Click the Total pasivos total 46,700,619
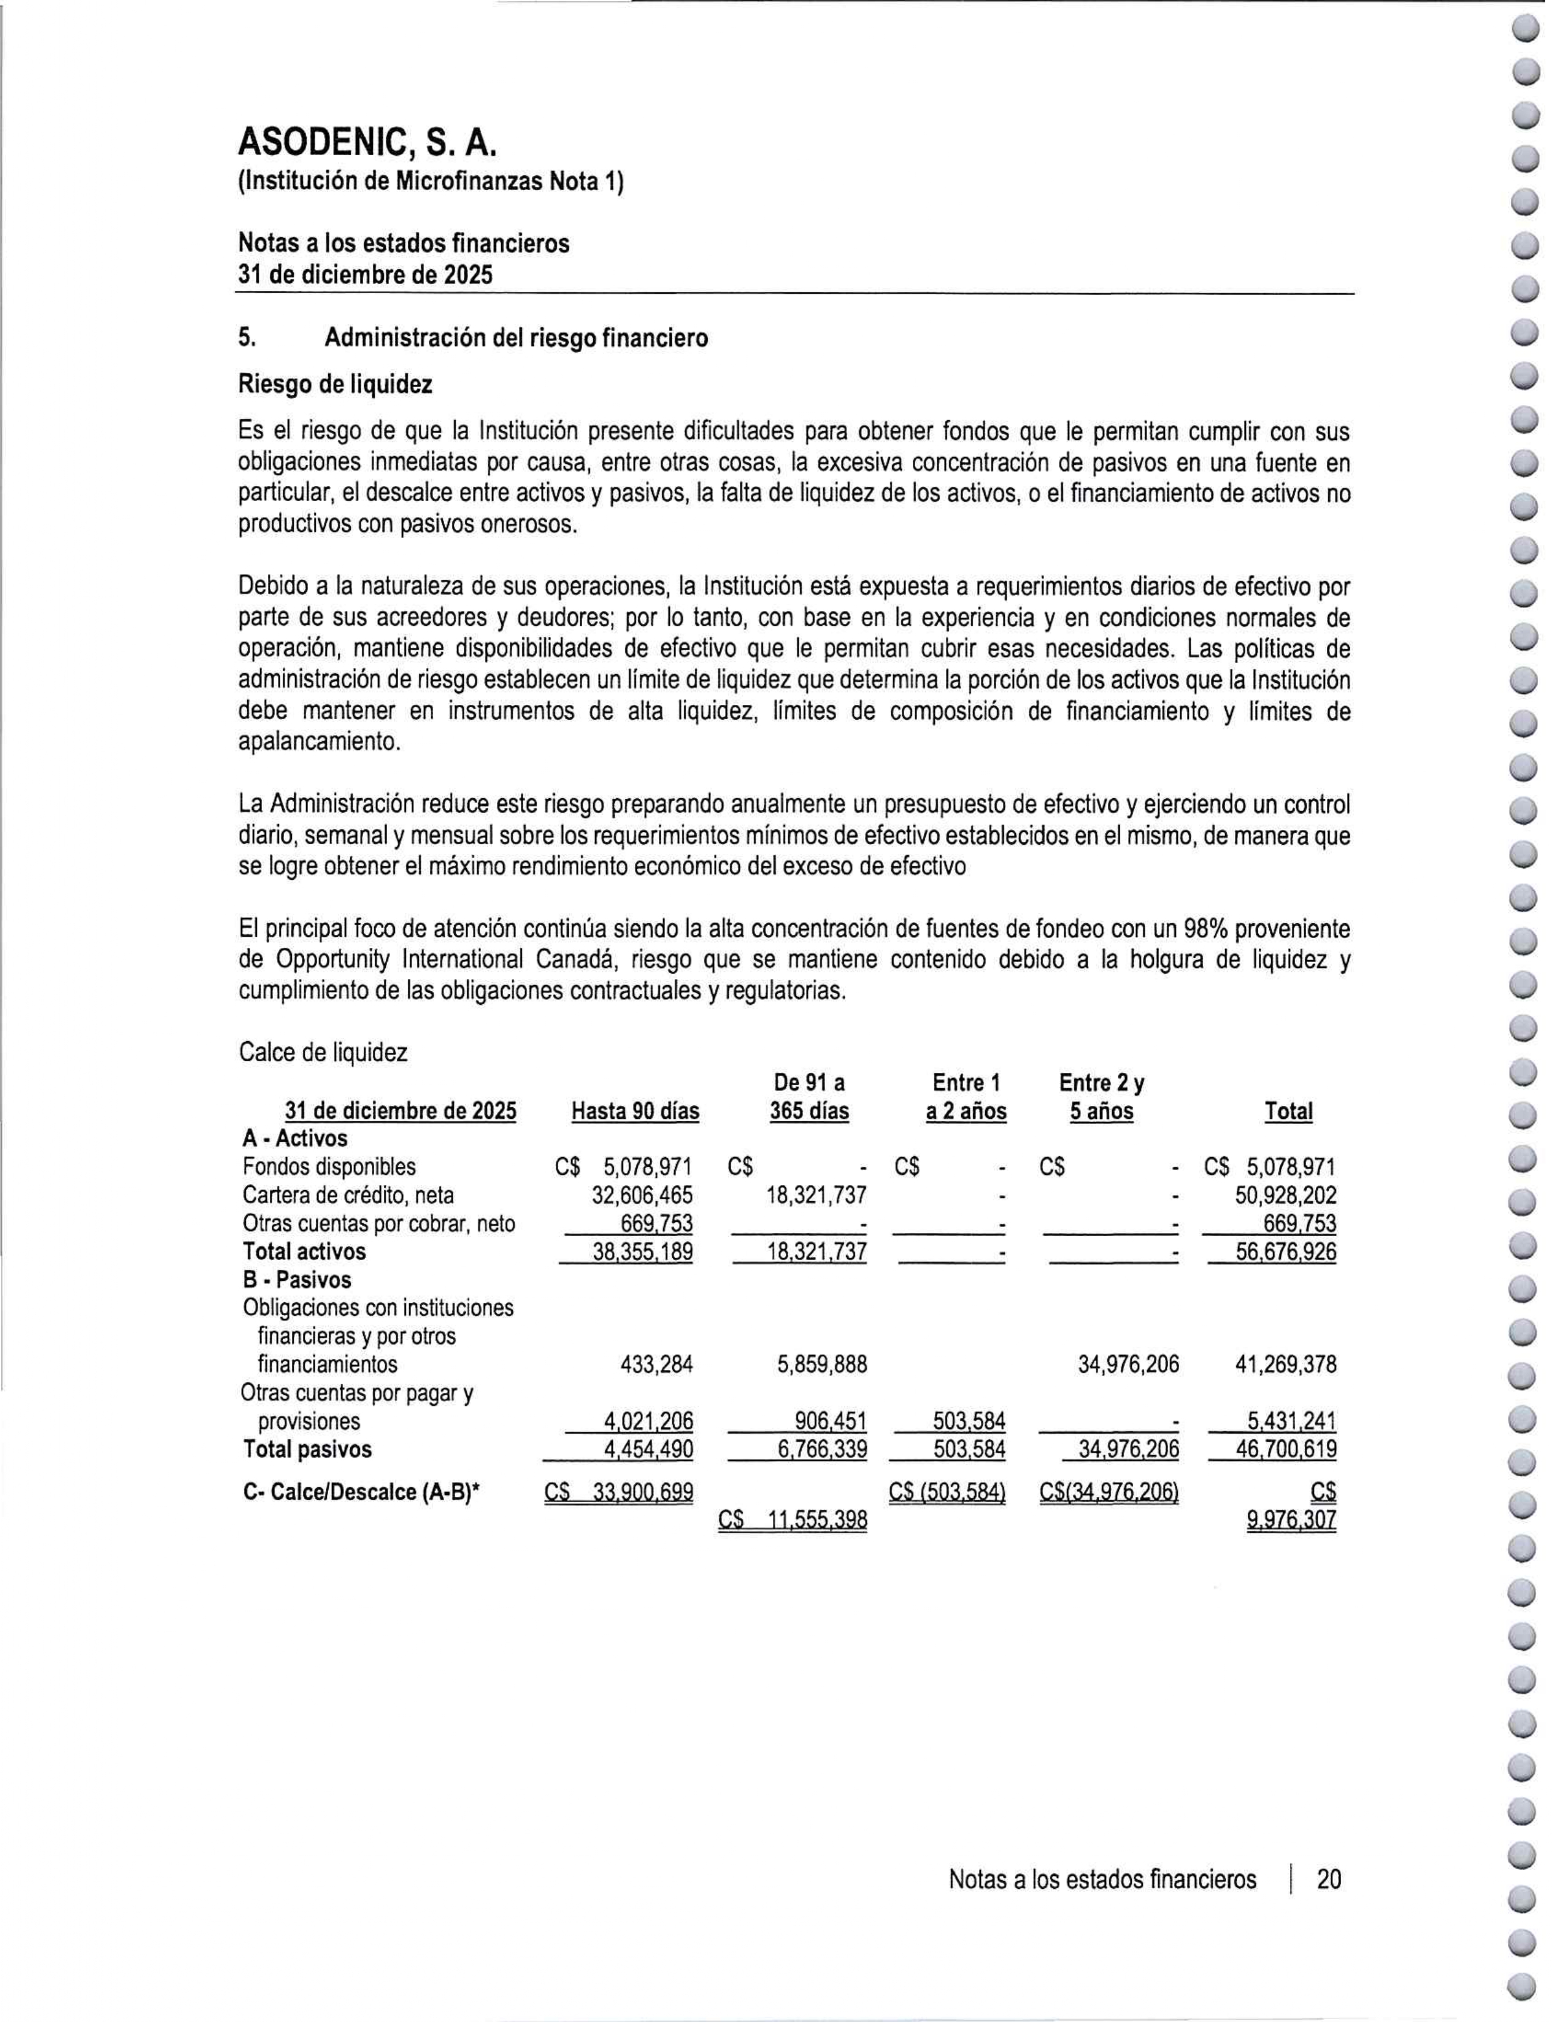[1286, 1449]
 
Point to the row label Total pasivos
[307, 1449]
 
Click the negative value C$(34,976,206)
[1108, 1493]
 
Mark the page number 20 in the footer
[1329, 1879]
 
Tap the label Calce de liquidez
[323, 1052]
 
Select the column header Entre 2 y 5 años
[1101, 1096]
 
